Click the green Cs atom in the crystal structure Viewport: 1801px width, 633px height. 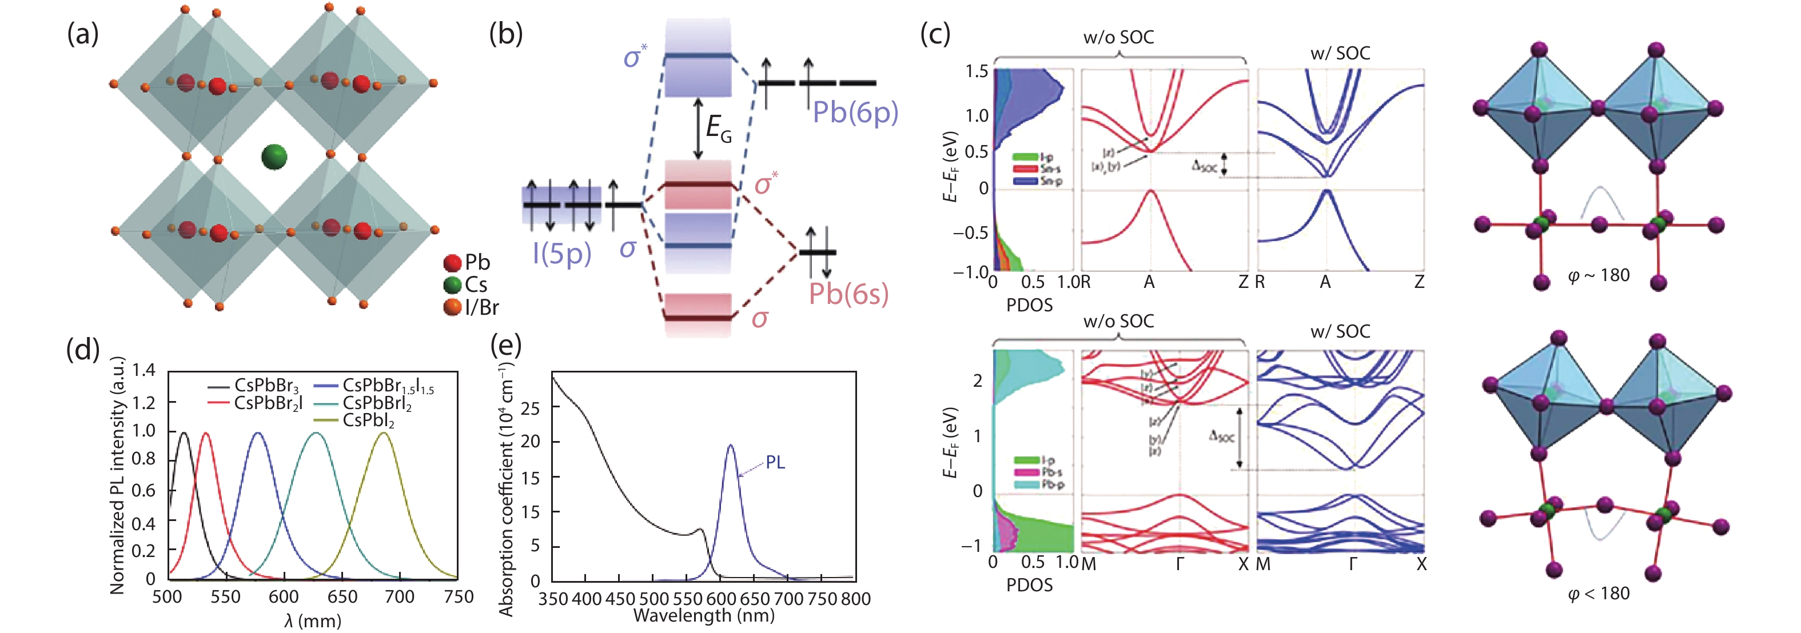point(274,157)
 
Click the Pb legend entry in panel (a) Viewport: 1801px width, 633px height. point(468,263)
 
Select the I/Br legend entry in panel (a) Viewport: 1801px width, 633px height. point(472,307)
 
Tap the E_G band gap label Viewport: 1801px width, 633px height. point(719,129)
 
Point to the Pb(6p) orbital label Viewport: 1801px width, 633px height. point(854,113)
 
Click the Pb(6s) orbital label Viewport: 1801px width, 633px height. point(848,294)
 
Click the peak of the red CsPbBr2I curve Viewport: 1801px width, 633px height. point(206,434)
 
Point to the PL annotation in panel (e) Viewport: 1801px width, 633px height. point(775,463)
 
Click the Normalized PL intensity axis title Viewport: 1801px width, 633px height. point(117,475)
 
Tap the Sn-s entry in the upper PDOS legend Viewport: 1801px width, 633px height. point(1049,169)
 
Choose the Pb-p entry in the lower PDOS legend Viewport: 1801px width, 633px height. point(1052,484)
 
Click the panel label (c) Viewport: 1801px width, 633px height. point(935,33)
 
